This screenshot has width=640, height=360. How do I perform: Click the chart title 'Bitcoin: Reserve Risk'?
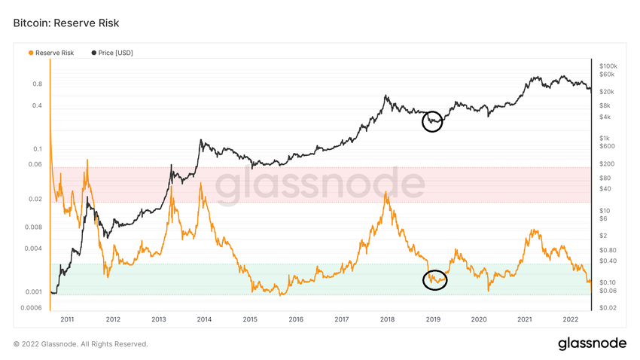click(x=66, y=23)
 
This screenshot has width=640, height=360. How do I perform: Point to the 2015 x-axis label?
click(x=250, y=319)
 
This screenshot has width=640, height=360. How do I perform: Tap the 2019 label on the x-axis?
click(x=433, y=319)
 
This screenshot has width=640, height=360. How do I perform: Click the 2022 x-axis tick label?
click(x=570, y=319)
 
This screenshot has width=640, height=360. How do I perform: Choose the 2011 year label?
click(x=68, y=319)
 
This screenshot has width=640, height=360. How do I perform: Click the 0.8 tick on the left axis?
click(x=37, y=84)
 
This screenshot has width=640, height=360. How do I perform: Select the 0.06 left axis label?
click(x=35, y=164)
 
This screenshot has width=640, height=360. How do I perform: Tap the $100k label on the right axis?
click(x=608, y=66)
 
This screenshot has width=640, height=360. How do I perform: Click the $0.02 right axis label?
click(x=608, y=307)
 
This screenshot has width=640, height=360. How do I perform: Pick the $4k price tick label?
click(x=604, y=117)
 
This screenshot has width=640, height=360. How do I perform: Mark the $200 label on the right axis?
click(x=605, y=163)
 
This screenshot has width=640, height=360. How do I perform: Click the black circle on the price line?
click(x=432, y=121)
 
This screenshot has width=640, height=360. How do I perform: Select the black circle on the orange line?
click(x=435, y=279)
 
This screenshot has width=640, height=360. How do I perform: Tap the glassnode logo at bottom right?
click(x=592, y=343)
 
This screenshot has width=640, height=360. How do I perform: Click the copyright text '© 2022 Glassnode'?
click(x=81, y=344)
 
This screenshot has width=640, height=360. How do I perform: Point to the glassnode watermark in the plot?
click(x=320, y=185)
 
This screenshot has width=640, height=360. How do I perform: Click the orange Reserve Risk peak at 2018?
click(x=386, y=193)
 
